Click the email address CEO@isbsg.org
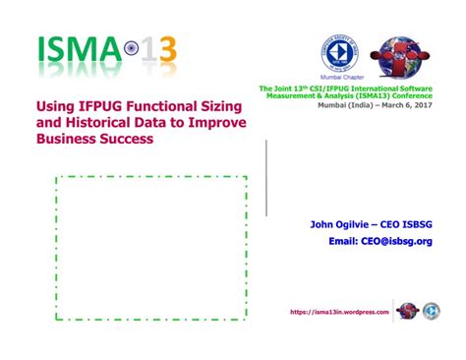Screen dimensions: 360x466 [x=397, y=241]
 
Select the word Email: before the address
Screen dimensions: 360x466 [x=342, y=241]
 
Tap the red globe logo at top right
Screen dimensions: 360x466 [x=399, y=54]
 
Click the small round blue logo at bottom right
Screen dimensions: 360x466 [x=432, y=311]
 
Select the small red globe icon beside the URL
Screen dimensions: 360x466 [x=407, y=311]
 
